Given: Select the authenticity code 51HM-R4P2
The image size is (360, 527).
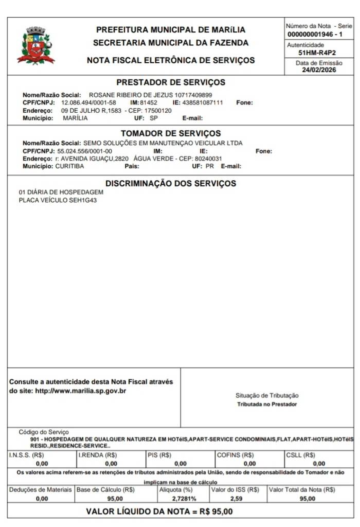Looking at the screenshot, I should click(317, 52).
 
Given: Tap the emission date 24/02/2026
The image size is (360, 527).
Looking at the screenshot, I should click(319, 70).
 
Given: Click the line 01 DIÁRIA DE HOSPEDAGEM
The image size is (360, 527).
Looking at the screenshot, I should click(61, 192).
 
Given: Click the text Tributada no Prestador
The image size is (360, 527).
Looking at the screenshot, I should click(266, 405).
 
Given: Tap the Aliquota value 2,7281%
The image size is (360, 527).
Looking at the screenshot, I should click(184, 499).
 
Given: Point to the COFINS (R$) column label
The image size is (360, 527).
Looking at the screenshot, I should click(236, 455).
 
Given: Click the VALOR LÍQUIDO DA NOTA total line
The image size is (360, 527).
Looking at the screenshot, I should click(159, 512).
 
